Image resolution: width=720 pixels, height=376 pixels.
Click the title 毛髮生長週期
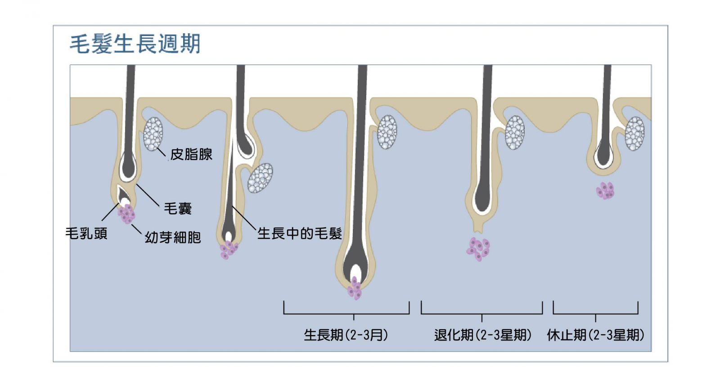click(x=135, y=44)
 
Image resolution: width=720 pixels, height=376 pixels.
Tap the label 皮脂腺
click(x=191, y=154)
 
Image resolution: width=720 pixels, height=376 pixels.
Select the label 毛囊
click(x=178, y=209)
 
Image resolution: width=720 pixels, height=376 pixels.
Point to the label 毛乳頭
click(x=86, y=233)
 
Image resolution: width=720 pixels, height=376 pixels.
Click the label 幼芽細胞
click(x=173, y=237)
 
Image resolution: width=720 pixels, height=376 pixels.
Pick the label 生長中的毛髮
click(x=300, y=233)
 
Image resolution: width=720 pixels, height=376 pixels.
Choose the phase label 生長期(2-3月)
click(x=346, y=335)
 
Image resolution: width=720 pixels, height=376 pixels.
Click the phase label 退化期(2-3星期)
click(x=483, y=335)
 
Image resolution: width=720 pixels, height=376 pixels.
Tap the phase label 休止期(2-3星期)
click(x=596, y=335)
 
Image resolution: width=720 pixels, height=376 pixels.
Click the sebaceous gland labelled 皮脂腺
click(x=153, y=134)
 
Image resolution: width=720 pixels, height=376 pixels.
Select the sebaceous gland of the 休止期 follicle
click(x=635, y=134)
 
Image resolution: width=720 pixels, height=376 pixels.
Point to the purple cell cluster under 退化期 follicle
click(x=478, y=249)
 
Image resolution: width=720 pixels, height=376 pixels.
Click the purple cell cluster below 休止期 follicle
click(x=605, y=191)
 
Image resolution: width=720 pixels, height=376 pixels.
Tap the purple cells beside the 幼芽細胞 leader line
click(x=126, y=214)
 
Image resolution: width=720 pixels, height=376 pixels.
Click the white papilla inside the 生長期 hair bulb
click(x=355, y=272)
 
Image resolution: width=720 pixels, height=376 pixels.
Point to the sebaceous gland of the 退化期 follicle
click(x=515, y=133)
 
